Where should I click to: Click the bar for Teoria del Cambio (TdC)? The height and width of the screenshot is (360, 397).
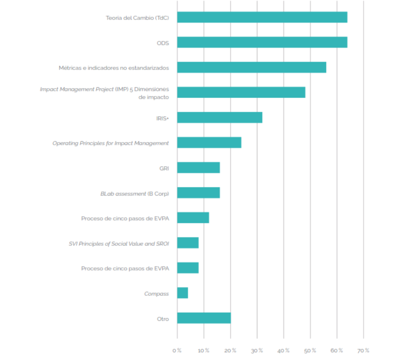262,18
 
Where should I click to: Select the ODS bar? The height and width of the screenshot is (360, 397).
262,43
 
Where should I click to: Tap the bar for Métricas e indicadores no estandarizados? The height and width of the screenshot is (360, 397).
251,67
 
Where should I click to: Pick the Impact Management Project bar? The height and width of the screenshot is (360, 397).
241,93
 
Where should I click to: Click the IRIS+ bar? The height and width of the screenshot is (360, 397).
219,118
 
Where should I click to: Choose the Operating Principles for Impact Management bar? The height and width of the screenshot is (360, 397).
209,143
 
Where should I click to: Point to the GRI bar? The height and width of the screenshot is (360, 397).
198,168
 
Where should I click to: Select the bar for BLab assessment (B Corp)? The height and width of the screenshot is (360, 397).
198,193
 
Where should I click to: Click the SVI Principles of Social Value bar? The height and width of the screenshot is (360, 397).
188,243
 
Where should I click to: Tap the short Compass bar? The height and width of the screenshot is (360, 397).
183,293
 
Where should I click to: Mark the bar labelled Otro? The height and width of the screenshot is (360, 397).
204,318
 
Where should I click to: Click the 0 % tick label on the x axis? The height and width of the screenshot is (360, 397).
177,351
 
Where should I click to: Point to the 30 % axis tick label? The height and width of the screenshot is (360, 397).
257,351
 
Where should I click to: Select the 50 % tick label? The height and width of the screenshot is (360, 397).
310,351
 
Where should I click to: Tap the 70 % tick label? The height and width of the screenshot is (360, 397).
363,351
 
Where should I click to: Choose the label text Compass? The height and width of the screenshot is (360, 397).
156,294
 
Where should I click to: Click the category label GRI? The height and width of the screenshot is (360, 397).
164,169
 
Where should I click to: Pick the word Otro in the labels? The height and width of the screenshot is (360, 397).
163,319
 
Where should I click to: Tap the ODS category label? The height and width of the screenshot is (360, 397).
163,43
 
